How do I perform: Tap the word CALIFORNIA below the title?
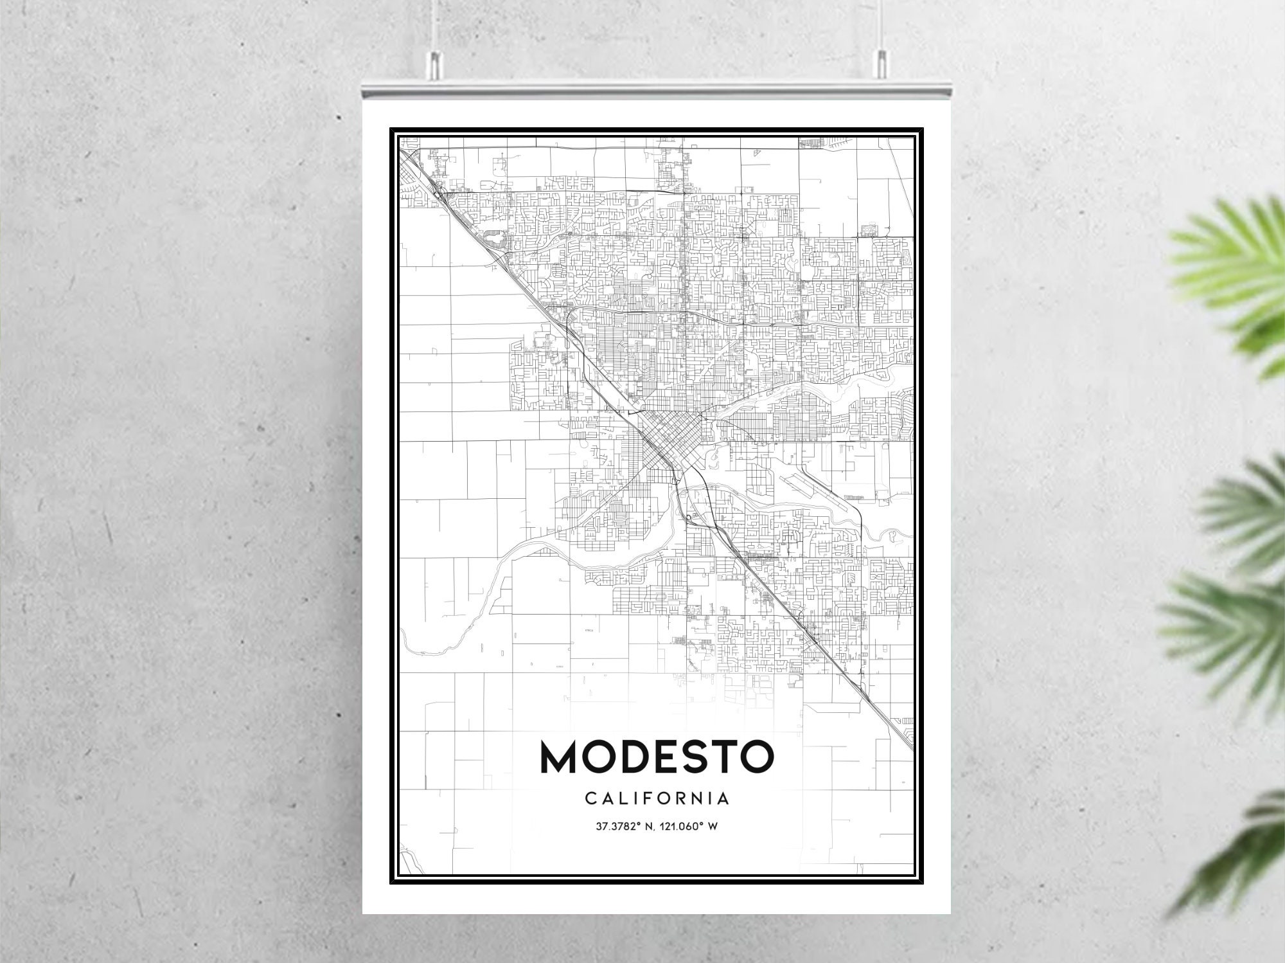coord(657,799)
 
